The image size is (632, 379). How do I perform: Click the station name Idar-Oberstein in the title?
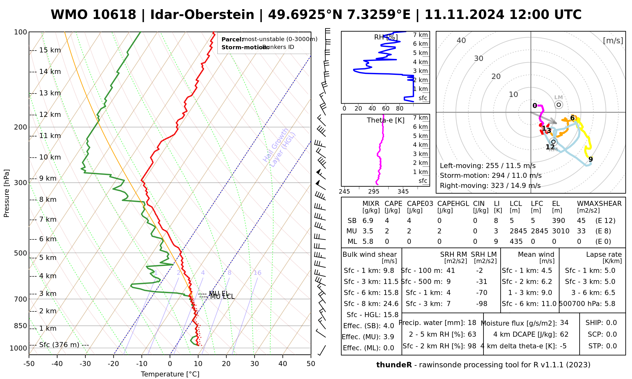click(202, 15)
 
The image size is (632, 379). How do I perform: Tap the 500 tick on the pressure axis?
click(21, 253)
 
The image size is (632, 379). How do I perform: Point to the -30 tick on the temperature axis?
click(85, 364)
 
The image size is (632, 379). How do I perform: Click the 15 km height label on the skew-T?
click(50, 50)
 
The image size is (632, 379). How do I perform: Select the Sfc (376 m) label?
click(59, 345)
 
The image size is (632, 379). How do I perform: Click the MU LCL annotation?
click(222, 297)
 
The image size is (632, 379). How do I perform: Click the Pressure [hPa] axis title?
click(7, 193)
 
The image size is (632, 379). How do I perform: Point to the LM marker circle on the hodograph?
click(559, 105)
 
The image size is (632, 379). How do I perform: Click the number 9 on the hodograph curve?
click(591, 159)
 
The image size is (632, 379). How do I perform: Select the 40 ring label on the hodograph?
click(461, 40)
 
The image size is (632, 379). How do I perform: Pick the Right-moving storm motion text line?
click(490, 186)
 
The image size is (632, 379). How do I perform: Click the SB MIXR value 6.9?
click(368, 221)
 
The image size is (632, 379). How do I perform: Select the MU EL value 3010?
click(561, 231)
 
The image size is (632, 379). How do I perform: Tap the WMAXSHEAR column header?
click(599, 204)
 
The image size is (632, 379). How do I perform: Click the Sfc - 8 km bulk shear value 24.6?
click(391, 304)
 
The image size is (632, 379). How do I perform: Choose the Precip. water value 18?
click(472, 323)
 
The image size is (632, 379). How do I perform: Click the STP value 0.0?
click(611, 346)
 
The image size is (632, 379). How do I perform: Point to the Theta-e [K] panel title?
click(386, 120)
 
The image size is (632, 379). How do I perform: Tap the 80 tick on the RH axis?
click(400, 109)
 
